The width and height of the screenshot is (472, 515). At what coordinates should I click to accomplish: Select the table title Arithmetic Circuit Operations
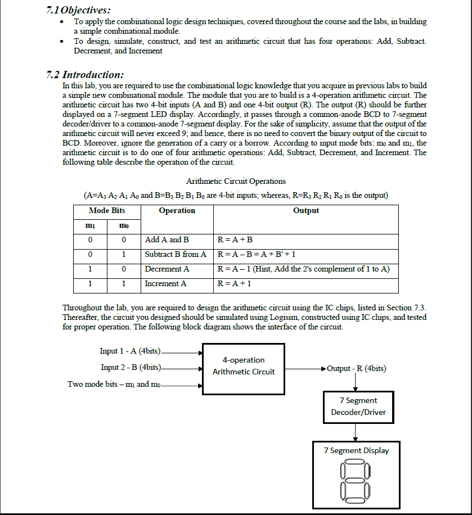pyautogui.click(x=236, y=181)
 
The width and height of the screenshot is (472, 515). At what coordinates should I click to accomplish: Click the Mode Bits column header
pyautogui.click(x=107, y=211)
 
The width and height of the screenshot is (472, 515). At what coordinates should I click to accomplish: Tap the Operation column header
pyautogui.click(x=177, y=211)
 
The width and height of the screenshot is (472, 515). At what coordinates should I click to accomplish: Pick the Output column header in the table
pyautogui.click(x=305, y=211)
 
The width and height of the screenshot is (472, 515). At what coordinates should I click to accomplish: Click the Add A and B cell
pyautogui.click(x=167, y=240)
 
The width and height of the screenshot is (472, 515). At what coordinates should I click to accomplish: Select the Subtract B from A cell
pyautogui.click(x=176, y=255)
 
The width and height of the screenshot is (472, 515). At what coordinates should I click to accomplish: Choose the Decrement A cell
pyautogui.click(x=167, y=269)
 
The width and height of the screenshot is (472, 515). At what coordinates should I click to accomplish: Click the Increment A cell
pyautogui.click(x=166, y=284)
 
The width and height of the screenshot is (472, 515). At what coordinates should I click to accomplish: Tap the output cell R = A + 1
pyautogui.click(x=234, y=284)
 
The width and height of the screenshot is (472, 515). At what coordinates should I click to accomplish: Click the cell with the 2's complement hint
pyautogui.click(x=303, y=269)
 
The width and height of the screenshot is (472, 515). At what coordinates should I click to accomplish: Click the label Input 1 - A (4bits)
pyautogui.click(x=130, y=351)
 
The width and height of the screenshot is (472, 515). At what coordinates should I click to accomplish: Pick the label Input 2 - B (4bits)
pyautogui.click(x=131, y=368)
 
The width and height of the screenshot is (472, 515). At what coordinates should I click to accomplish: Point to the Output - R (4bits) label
pyautogui.click(x=356, y=369)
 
